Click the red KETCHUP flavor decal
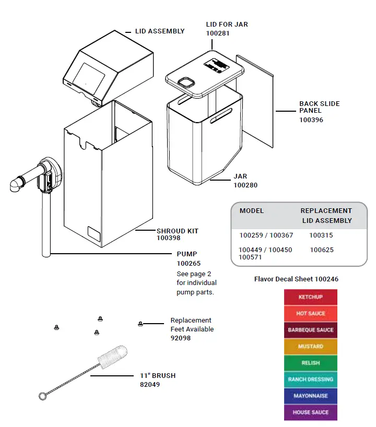[310, 297]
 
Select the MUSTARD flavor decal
[310, 347]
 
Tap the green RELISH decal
[310, 363]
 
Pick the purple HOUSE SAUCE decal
[310, 412]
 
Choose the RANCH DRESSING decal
[310, 379]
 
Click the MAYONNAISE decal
[310, 396]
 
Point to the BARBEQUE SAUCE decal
[310, 330]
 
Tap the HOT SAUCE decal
[310, 314]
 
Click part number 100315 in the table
[321, 235]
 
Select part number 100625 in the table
[321, 250]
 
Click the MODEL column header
[252, 211]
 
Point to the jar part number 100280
[245, 185]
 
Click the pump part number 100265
[189, 263]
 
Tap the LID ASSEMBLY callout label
[160, 31]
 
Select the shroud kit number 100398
[169, 238]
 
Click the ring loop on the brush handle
[43, 396]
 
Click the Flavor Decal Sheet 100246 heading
[296, 279]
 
